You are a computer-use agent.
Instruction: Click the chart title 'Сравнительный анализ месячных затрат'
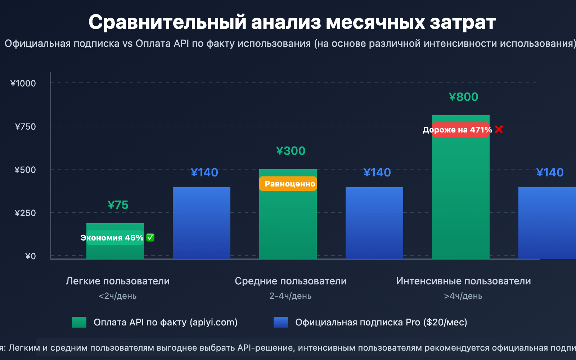click(292, 22)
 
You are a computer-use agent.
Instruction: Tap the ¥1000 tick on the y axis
click(23, 84)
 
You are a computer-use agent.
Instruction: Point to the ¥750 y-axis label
click(25, 127)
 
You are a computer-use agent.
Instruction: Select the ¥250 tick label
click(25, 213)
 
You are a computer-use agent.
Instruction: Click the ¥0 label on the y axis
click(30, 256)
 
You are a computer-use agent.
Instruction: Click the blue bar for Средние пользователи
click(374, 223)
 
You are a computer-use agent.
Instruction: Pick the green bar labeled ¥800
click(461, 198)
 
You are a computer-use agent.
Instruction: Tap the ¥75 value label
click(118, 205)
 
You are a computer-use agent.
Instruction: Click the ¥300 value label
click(291, 151)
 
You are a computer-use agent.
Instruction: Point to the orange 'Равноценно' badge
click(288, 184)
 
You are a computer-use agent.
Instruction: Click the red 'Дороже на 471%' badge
click(457, 130)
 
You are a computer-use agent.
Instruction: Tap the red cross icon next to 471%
click(499, 129)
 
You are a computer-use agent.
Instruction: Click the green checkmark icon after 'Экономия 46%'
click(150, 238)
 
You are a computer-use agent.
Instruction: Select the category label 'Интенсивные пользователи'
click(463, 281)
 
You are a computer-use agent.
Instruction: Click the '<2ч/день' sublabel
click(118, 296)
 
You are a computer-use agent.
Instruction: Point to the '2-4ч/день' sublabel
click(291, 296)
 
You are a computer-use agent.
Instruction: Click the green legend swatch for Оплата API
click(79, 322)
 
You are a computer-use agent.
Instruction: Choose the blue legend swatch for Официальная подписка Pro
click(281, 322)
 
